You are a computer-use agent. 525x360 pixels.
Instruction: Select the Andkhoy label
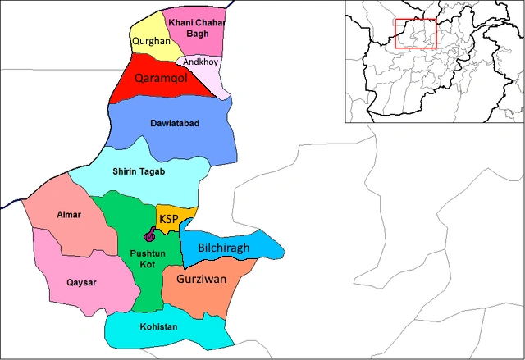200,62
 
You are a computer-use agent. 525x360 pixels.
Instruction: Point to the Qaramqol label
162,78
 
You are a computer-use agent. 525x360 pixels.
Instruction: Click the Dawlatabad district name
175,123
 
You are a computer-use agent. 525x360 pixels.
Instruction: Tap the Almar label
69,215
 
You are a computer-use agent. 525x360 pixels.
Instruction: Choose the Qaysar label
81,283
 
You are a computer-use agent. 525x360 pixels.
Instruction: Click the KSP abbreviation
169,218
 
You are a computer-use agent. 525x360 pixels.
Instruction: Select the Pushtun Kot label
143,258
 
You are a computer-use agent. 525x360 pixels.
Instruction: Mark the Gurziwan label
201,280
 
